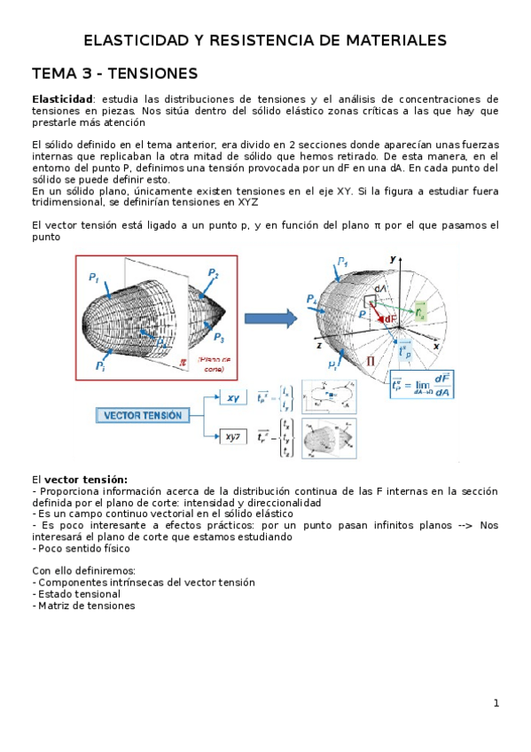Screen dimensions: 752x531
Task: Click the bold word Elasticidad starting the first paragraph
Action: coord(62,99)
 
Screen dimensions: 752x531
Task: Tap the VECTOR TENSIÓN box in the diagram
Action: coord(143,415)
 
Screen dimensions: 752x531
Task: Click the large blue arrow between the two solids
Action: coord(269,318)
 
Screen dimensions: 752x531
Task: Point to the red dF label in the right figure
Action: coord(389,319)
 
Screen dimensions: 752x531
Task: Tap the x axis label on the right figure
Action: coord(436,347)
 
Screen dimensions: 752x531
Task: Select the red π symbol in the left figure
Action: coord(184,361)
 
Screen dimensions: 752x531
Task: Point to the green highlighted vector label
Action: coord(420,312)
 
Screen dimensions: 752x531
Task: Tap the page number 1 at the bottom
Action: coord(496,703)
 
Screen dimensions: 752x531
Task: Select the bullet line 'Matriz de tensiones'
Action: coord(85,606)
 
